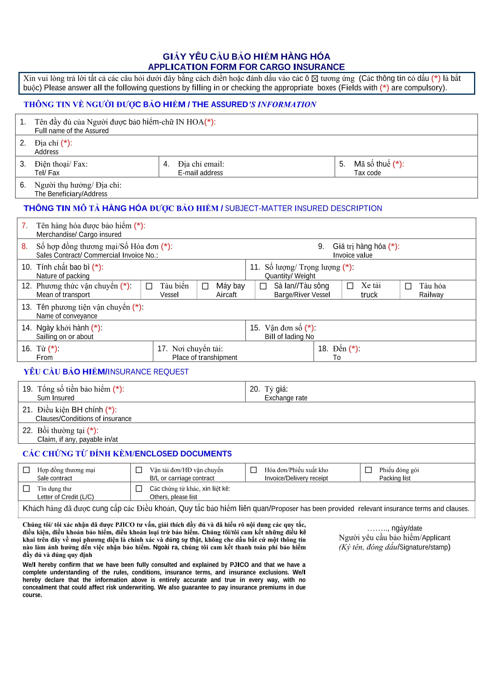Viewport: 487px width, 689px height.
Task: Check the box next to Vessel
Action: click(149, 286)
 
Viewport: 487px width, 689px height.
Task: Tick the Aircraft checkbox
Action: click(205, 286)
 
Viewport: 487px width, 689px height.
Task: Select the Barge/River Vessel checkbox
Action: click(263, 286)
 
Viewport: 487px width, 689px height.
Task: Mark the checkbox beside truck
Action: click(350, 286)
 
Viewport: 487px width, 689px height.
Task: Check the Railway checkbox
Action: click(408, 286)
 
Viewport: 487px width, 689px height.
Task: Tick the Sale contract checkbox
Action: click(26, 470)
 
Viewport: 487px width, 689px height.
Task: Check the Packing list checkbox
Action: click(368, 470)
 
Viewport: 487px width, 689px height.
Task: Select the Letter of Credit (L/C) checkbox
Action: click(26, 489)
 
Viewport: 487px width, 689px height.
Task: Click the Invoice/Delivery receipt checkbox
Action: click(254, 470)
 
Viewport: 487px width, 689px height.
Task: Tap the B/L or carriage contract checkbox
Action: click(139, 470)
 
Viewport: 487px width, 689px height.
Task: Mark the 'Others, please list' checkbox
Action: click(139, 489)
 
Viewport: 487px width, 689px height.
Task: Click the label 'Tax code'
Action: click(367, 173)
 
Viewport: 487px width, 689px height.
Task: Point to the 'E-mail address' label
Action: click(200, 173)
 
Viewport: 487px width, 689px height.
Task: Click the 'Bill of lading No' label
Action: click(289, 337)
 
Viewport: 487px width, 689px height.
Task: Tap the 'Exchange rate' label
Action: click(286, 398)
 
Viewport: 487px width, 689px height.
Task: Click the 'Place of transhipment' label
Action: click(205, 358)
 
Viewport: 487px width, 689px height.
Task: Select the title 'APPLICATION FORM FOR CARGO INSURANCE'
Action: click(246, 67)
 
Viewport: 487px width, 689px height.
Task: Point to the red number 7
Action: click(24, 226)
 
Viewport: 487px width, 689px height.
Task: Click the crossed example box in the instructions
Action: click(315, 79)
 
